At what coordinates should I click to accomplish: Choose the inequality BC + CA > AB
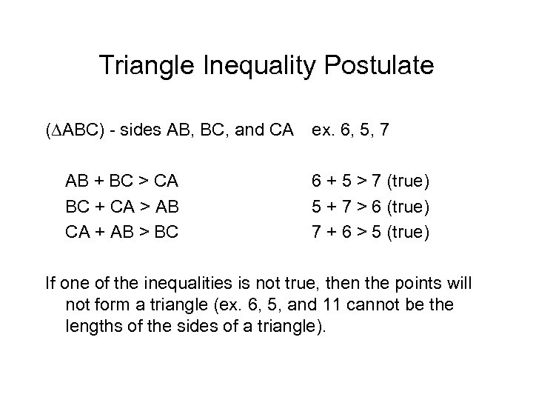pos(121,206)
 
